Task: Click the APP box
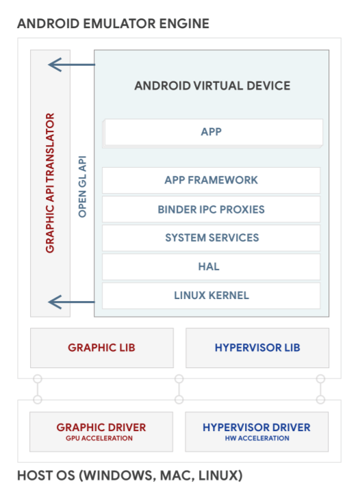(212, 132)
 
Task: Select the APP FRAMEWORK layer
(211, 180)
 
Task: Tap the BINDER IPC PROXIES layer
(211, 209)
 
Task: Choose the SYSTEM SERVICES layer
(211, 237)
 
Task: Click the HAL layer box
(211, 266)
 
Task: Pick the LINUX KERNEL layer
(211, 296)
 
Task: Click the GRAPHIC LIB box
(101, 348)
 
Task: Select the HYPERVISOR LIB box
(257, 348)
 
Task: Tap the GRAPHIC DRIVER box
(101, 431)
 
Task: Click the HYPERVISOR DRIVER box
(257, 431)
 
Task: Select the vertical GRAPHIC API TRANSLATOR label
(50, 183)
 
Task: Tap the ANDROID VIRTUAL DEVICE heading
(212, 86)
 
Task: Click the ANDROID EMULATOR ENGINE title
(113, 24)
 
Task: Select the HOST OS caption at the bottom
(129, 475)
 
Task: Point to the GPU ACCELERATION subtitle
(101, 439)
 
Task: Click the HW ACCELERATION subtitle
(257, 439)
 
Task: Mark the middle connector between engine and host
(179, 389)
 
